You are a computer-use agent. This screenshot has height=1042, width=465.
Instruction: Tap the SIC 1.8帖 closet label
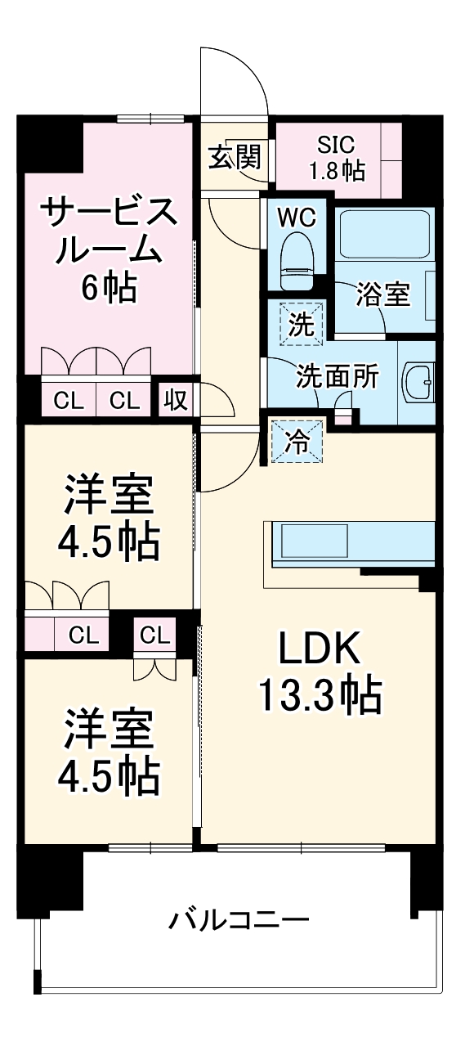click(x=336, y=158)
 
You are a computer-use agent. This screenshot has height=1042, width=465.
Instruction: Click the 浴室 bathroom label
click(x=382, y=294)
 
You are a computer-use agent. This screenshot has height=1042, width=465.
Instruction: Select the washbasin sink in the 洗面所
click(x=420, y=380)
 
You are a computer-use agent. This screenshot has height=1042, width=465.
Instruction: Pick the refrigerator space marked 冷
click(x=297, y=442)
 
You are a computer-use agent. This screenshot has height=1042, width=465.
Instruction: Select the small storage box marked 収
click(x=176, y=400)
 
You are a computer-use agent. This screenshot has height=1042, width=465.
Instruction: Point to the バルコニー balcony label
click(x=239, y=921)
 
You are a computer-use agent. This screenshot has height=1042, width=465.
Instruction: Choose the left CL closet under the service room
click(x=69, y=400)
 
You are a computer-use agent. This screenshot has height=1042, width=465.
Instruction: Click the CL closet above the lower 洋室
click(x=154, y=634)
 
